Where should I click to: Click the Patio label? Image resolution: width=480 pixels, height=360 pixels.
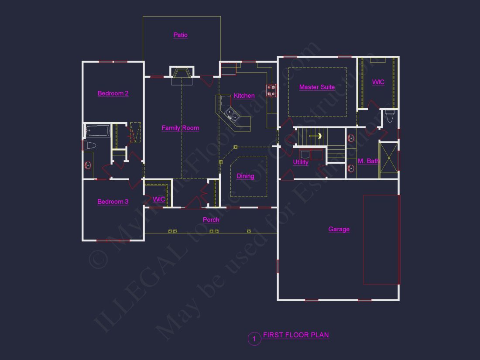click(x=180, y=35)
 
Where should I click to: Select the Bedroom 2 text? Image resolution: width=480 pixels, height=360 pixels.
click(x=113, y=93)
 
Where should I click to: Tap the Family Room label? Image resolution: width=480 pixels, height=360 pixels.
click(x=180, y=128)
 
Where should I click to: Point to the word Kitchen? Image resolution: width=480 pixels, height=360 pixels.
click(x=244, y=96)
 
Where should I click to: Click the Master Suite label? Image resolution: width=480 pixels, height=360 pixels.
click(x=317, y=87)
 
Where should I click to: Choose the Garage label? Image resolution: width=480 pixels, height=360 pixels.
click(x=339, y=229)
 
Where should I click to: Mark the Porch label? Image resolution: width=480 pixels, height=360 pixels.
click(x=211, y=219)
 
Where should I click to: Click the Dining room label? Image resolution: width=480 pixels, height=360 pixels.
click(x=245, y=176)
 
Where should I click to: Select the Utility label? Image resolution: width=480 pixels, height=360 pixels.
click(x=301, y=162)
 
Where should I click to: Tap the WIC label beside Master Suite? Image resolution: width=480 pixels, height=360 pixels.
click(x=378, y=82)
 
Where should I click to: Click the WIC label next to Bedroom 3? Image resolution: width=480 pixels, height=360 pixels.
click(x=159, y=199)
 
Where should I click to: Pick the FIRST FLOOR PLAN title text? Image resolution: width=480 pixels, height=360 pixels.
click(x=296, y=335)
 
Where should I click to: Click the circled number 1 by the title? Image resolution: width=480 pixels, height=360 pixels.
click(x=254, y=339)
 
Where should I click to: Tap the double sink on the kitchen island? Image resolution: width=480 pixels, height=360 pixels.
click(x=231, y=115)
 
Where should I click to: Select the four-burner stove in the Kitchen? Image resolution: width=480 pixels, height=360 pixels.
click(x=271, y=90)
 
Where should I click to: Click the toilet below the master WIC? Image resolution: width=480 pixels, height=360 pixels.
click(x=390, y=117)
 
